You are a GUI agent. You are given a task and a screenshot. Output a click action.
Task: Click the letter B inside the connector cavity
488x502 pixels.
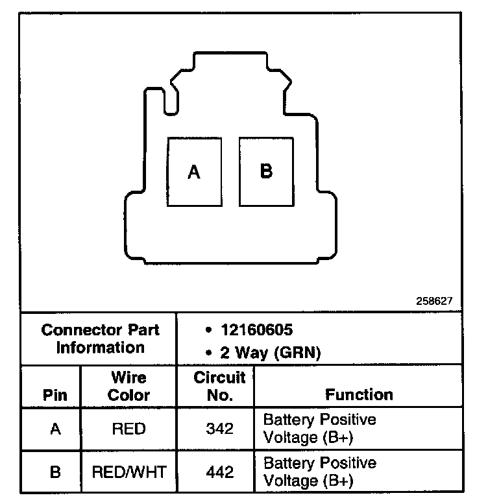click(x=266, y=171)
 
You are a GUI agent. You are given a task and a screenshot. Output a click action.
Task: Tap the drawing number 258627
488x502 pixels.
click(x=434, y=301)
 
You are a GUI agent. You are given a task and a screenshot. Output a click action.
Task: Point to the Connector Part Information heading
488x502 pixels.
click(x=100, y=339)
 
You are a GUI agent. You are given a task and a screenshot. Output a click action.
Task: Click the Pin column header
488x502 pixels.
click(x=55, y=395)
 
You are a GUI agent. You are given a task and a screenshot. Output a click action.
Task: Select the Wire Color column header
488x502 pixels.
click(x=128, y=386)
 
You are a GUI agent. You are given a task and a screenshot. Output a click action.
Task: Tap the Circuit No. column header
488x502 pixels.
click(x=219, y=386)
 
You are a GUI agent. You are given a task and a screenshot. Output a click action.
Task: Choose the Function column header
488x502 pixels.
click(x=359, y=394)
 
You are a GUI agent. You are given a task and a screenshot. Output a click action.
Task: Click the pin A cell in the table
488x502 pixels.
click(x=55, y=429)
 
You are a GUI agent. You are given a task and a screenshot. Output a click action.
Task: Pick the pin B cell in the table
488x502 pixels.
click(x=55, y=472)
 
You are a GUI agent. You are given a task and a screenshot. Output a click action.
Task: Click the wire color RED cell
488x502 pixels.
click(x=128, y=429)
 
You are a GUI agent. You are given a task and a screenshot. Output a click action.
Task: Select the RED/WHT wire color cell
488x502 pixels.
click(x=128, y=472)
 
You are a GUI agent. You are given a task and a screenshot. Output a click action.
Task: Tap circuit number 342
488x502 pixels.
click(x=219, y=429)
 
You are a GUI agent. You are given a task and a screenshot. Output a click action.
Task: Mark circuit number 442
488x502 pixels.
click(x=219, y=472)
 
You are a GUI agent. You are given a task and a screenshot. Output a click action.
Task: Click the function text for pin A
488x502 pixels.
click(x=319, y=428)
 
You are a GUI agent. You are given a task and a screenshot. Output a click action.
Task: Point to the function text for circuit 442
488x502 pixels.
click(x=319, y=472)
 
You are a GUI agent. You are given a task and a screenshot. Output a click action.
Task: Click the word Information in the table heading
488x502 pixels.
click(x=100, y=347)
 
